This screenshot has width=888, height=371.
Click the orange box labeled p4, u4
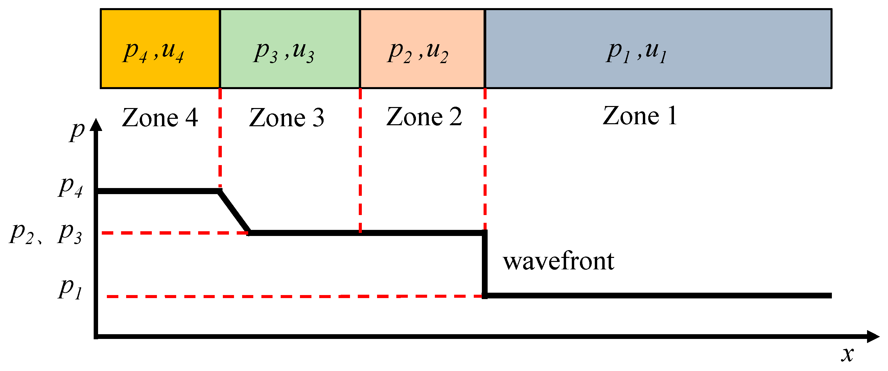click(160, 49)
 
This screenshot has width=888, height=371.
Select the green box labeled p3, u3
click(289, 49)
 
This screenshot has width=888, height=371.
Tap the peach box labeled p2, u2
click(422, 49)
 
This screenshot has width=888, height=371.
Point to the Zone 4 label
click(160, 118)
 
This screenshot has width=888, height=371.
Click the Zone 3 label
click(286, 118)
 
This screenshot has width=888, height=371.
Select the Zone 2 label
click(424, 117)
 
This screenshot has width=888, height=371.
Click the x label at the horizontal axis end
click(847, 354)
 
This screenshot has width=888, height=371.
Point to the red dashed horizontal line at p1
click(293, 296)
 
